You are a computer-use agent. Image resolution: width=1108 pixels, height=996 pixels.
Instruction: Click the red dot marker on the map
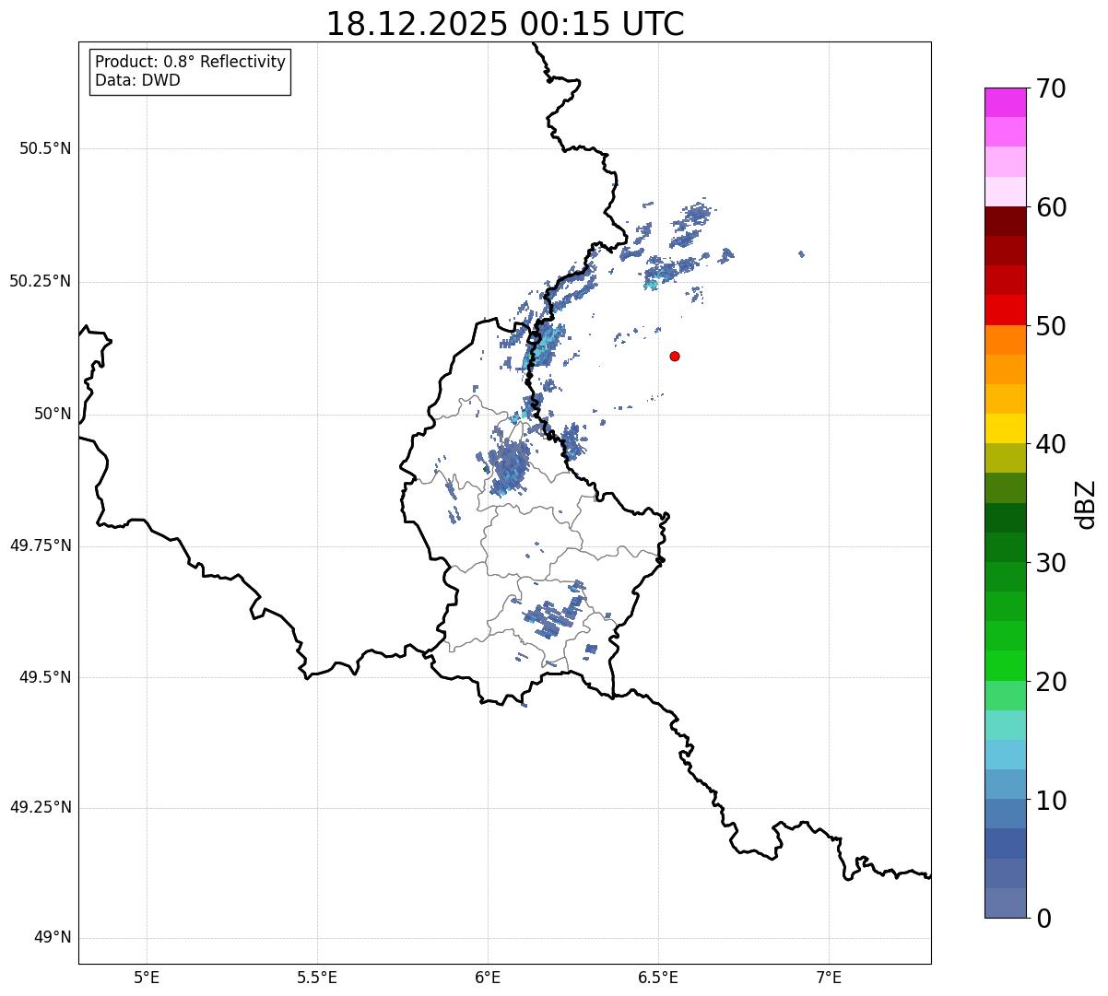click(675, 356)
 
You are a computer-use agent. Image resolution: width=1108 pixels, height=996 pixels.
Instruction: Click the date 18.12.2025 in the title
click(416, 24)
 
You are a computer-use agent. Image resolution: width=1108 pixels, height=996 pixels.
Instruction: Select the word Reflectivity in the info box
click(238, 62)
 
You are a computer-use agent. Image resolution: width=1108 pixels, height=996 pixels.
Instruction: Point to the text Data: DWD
click(137, 80)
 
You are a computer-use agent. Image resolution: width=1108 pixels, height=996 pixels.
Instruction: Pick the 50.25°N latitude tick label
click(41, 281)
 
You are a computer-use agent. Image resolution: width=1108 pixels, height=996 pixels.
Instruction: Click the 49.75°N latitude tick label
click(41, 545)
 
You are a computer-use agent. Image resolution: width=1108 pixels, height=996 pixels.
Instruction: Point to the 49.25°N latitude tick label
click(41, 808)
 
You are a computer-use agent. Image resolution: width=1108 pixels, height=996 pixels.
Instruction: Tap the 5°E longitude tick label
click(147, 977)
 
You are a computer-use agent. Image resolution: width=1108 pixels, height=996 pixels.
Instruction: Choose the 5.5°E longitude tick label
click(317, 977)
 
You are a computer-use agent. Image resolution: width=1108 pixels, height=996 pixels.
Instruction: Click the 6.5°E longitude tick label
click(658, 977)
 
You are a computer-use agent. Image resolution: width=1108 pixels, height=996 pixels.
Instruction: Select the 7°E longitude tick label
click(829, 977)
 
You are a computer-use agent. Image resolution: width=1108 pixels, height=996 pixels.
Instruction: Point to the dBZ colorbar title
click(1086, 504)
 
